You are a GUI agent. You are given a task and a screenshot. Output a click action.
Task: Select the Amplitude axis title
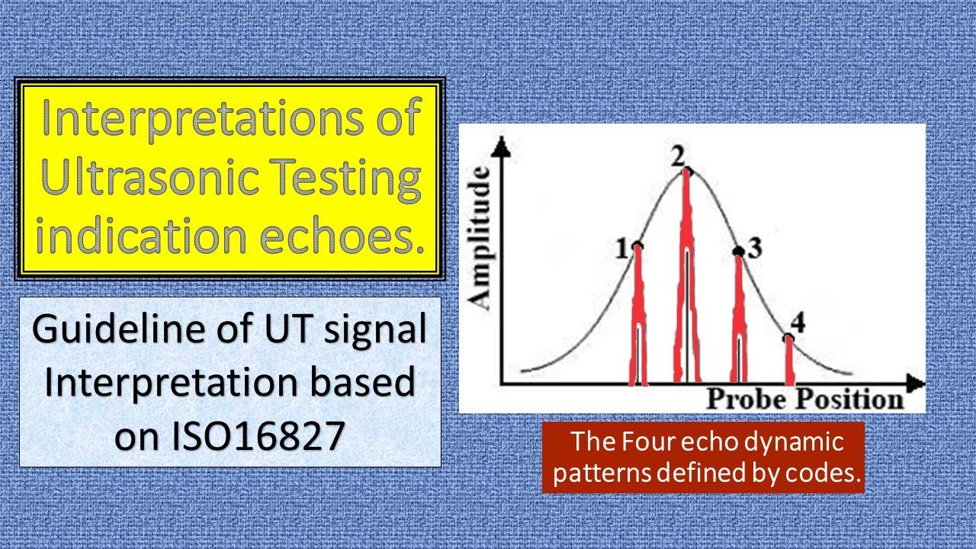[481, 238]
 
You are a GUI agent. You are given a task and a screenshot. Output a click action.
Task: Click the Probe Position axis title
[804, 398]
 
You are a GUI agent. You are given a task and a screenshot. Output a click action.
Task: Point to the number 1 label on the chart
[622, 248]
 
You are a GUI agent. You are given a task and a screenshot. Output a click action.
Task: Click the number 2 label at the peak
[677, 156]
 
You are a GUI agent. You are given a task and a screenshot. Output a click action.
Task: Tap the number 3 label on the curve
[755, 249]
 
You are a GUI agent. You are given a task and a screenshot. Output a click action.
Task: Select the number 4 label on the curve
[798, 320]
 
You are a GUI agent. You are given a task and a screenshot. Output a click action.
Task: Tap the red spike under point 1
[638, 320]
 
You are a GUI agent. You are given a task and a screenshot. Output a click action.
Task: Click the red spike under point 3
[738, 320]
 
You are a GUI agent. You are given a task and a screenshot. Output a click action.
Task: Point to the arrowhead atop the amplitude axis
[500, 147]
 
